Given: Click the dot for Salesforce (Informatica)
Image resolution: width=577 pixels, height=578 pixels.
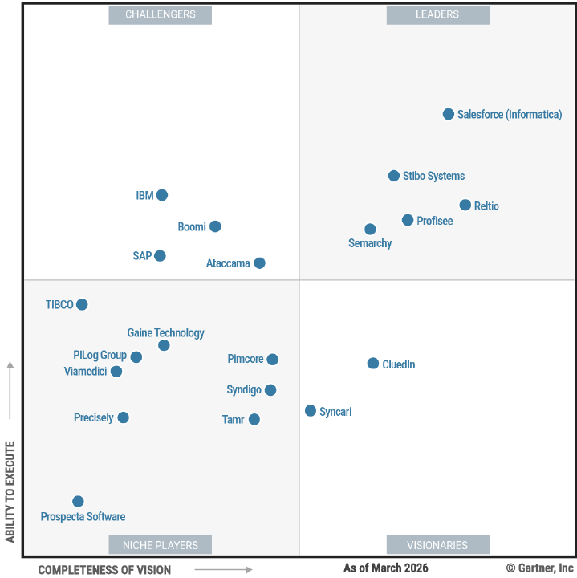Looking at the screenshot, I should pos(449,114).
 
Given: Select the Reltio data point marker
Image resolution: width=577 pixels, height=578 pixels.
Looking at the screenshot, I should pos(465,206).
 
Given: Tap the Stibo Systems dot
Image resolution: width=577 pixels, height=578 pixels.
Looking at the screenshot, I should pos(394,176).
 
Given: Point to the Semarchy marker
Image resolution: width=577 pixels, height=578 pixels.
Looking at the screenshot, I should pos(370,230).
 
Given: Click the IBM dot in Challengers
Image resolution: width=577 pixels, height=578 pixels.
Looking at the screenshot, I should pos(162,195).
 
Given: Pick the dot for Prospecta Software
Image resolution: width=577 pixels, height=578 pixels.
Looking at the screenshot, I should pos(78,502).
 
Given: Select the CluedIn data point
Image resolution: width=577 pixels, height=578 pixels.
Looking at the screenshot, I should pos(373,364).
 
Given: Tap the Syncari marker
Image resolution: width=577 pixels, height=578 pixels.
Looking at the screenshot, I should pos(311,411).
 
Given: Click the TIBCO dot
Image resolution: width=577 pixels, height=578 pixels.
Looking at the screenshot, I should pos(82,304).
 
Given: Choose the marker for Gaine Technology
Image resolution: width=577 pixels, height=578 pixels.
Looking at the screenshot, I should pos(164,345).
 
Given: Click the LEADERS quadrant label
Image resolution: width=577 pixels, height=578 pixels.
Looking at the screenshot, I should pos(437,14).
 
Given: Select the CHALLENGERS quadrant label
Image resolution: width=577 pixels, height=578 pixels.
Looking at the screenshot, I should pos(161,14).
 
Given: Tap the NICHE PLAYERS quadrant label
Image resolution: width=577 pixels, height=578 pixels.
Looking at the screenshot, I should pos(161,545).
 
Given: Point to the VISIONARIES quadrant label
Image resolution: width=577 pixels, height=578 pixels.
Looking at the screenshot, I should pos(437,545).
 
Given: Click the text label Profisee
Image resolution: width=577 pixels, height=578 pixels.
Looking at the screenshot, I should pos(434,221).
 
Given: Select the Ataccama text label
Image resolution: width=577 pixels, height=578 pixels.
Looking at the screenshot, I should pos(228,263).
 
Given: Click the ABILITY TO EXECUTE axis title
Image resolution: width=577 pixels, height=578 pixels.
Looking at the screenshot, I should pos(10,491).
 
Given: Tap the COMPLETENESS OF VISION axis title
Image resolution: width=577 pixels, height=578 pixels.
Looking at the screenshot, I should pos(104,570).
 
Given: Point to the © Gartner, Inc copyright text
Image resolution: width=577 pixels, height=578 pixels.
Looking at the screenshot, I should pos(540,568).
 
